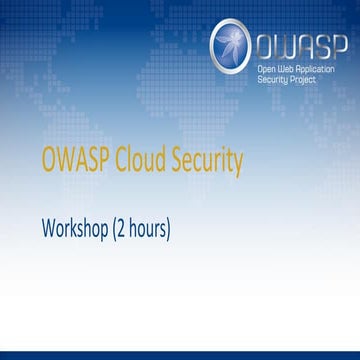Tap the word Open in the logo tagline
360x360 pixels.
[x=268, y=67]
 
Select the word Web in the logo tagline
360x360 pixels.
[x=287, y=67]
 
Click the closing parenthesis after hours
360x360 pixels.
[x=170, y=229]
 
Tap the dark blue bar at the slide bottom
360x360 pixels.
[x=180, y=354]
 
